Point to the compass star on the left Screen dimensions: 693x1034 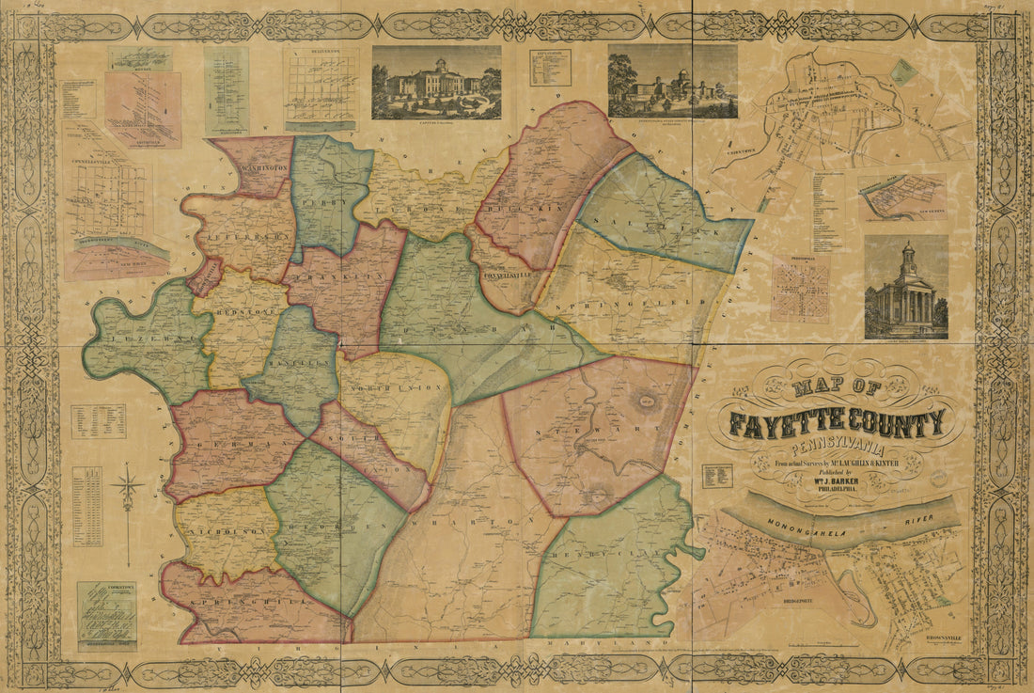point(127,489)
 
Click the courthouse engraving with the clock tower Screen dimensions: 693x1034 point(906,288)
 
